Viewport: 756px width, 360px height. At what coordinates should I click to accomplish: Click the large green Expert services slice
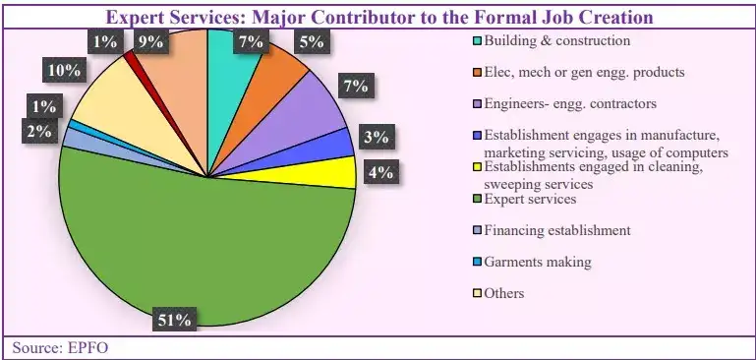(197, 256)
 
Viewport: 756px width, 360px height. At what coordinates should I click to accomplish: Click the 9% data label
(150, 42)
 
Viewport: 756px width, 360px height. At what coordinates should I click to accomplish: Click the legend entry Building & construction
(556, 41)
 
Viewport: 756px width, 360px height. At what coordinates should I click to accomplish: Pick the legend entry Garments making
(538, 262)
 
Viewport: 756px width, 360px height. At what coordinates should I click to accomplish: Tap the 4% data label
(380, 173)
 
